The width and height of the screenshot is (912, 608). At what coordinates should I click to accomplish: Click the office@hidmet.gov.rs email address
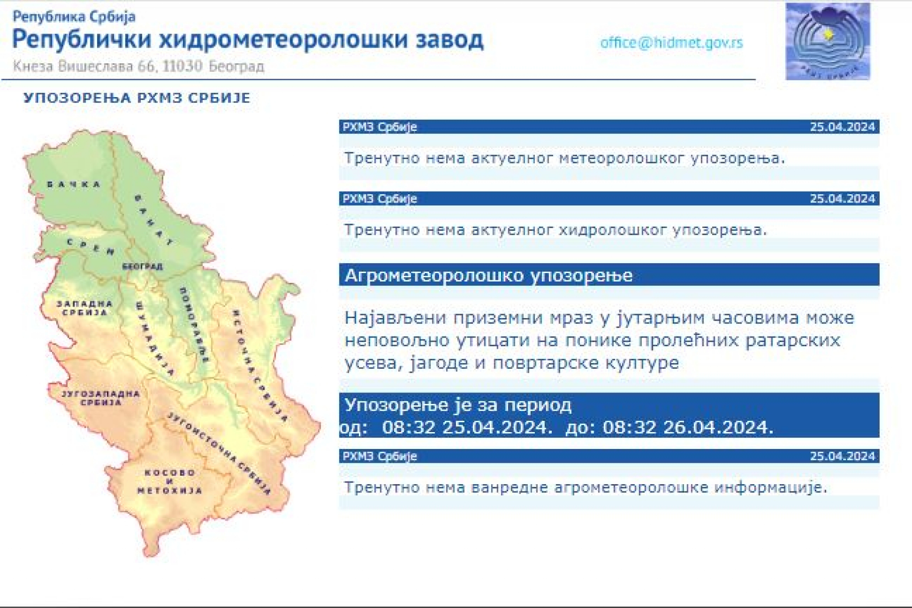[672, 43]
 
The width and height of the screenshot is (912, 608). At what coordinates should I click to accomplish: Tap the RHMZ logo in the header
[828, 41]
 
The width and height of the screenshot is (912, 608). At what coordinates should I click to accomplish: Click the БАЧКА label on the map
[74, 184]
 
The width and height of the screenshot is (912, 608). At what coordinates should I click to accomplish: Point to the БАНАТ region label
[153, 220]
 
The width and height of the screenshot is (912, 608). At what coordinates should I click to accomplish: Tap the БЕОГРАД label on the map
[142, 266]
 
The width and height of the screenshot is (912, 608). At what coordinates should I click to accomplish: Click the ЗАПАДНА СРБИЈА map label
[85, 308]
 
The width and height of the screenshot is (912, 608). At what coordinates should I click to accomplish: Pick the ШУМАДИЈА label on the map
[155, 339]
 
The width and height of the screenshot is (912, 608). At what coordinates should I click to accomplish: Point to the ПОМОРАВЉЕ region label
[194, 325]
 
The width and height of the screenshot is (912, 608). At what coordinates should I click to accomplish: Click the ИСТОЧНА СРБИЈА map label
[260, 366]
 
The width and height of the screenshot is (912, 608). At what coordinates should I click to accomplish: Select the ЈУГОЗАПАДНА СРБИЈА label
[101, 398]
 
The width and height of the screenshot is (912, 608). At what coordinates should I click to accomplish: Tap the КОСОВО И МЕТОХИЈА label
[170, 482]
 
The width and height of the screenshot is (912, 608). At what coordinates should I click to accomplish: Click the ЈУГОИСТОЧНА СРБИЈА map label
[219, 453]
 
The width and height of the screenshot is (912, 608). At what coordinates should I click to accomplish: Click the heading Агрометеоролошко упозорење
[489, 275]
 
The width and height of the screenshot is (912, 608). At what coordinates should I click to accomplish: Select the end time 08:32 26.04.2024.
[688, 427]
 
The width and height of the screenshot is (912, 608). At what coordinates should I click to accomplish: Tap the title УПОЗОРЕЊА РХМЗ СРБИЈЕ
[137, 98]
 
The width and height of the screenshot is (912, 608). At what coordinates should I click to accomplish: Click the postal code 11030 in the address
[182, 66]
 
